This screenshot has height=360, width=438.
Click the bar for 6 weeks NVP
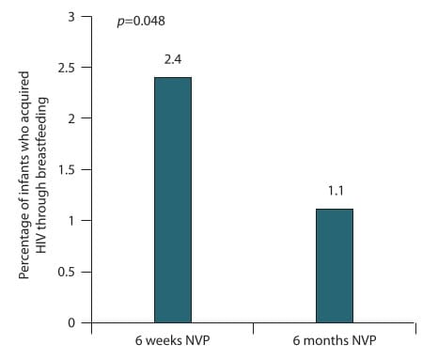click(173, 200)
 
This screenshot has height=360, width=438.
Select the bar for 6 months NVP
click(335, 266)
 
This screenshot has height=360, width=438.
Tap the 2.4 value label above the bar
click(173, 59)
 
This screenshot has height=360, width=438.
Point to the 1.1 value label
click(336, 191)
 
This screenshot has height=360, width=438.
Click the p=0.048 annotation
click(141, 21)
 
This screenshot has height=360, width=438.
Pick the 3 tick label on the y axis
click(71, 17)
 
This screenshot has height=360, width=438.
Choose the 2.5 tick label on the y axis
click(67, 68)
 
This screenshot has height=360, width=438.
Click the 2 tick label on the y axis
click(71, 118)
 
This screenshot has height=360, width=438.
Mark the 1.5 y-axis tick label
click(67, 169)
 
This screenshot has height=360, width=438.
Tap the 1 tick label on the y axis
click(71, 221)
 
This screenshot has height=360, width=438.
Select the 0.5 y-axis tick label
click(67, 272)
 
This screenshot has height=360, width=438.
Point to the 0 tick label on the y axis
click(71, 322)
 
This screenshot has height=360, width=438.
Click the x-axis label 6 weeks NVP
click(172, 340)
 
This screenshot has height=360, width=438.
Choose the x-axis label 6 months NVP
click(335, 340)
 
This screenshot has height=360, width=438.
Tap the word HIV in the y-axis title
click(41, 243)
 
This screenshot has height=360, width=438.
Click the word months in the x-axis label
click(321, 340)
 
